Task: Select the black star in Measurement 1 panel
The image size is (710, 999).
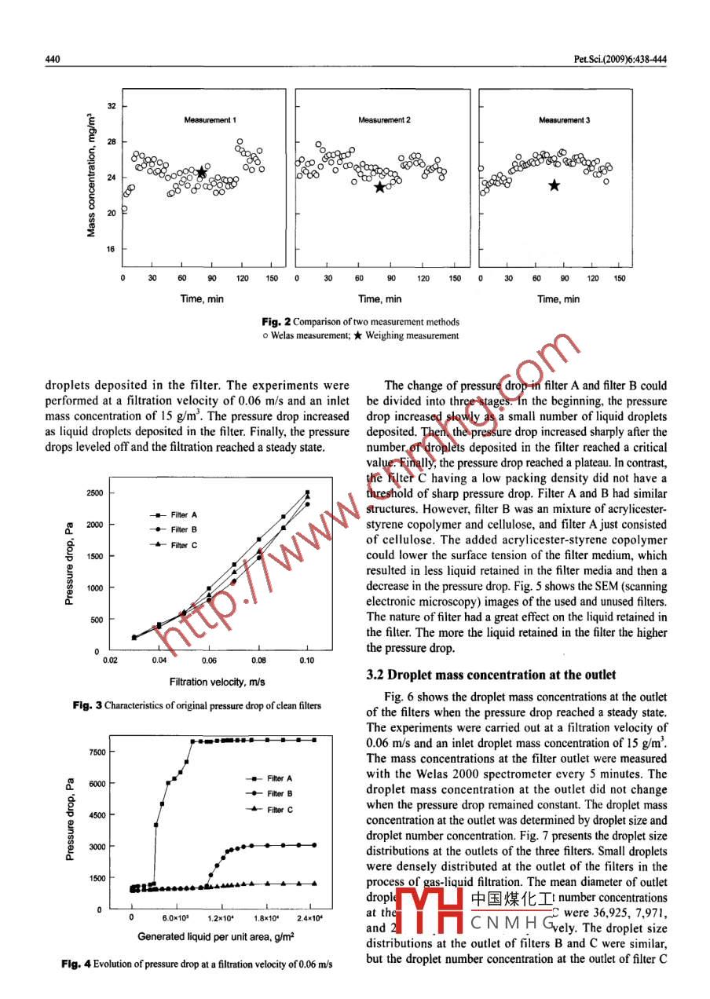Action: click(x=201, y=172)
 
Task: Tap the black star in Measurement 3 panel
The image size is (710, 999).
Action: click(x=554, y=185)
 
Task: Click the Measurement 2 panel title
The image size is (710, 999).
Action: click(x=385, y=120)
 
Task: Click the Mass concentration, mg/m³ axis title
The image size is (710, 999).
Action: click(x=92, y=174)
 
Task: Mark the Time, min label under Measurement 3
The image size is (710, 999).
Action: click(x=558, y=298)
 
